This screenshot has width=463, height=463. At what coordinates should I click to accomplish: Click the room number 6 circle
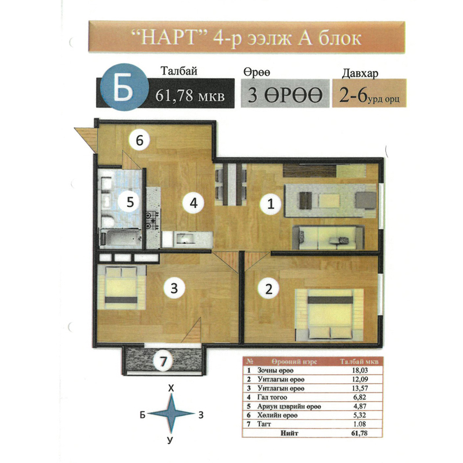(139, 140)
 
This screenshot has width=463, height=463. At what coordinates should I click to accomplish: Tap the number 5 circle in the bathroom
(130, 202)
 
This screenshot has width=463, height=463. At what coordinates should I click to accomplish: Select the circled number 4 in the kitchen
(193, 203)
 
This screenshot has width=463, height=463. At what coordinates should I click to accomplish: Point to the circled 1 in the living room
(270, 204)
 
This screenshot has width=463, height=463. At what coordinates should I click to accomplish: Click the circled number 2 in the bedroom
(269, 288)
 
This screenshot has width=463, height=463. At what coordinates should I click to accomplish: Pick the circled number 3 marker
(174, 288)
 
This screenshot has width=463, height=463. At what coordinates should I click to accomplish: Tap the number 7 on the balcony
(163, 361)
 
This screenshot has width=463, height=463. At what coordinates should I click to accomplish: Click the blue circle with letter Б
(124, 87)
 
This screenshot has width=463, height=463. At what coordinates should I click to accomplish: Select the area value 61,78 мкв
(190, 95)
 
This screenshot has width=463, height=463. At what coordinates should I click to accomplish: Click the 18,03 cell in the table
(359, 370)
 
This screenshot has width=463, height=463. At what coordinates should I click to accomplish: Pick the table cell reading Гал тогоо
(272, 397)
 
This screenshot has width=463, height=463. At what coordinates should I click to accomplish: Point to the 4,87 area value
(359, 406)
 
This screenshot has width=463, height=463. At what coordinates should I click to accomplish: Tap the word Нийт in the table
(289, 433)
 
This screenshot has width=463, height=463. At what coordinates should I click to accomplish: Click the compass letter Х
(171, 388)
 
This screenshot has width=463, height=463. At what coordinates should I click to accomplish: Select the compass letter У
(170, 440)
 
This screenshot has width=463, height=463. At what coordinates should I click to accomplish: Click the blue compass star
(171, 414)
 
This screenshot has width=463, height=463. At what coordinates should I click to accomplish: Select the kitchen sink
(185, 238)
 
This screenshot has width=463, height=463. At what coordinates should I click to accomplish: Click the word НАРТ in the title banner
(168, 38)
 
